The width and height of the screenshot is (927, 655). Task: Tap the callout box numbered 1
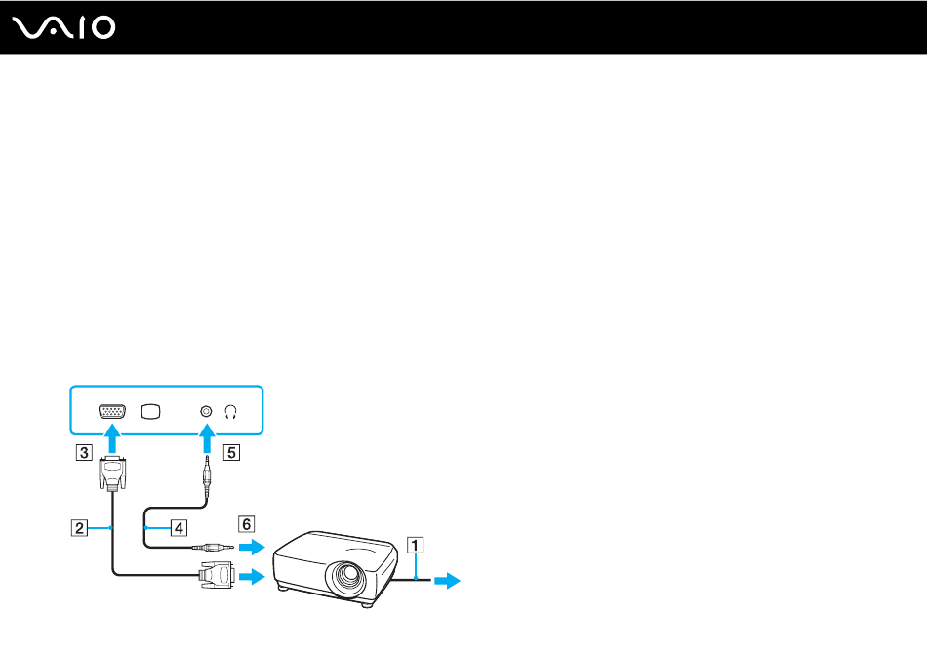click(x=416, y=546)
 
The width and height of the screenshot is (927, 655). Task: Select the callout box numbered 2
click(x=77, y=528)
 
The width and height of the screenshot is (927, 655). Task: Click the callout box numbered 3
click(x=86, y=452)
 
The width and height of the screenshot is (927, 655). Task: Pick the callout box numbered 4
click(x=179, y=528)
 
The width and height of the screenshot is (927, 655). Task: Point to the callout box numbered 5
click(x=230, y=452)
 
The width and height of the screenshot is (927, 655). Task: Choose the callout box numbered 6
click(x=249, y=522)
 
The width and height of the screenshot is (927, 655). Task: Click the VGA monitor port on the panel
click(x=112, y=411)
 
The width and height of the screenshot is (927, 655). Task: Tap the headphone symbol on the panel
click(x=231, y=411)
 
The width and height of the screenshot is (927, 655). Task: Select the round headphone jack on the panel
click(x=206, y=411)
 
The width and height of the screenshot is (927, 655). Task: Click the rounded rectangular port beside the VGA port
click(x=150, y=411)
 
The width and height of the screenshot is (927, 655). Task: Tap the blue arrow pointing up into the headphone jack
click(x=206, y=442)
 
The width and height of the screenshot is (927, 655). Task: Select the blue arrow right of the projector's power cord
click(x=447, y=581)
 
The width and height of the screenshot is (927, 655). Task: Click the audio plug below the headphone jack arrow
click(x=206, y=477)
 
